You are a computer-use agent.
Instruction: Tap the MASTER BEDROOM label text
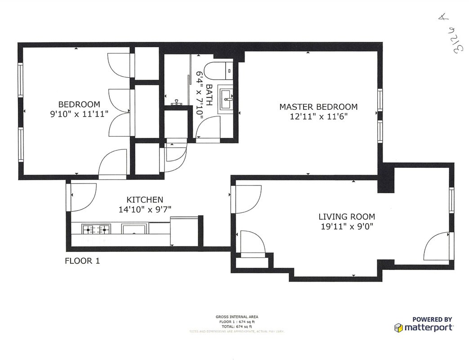coord(318,107)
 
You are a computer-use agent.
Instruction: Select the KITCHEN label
coord(144,200)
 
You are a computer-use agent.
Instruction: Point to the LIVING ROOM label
coord(347,217)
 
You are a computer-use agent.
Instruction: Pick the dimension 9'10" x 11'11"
coord(80,114)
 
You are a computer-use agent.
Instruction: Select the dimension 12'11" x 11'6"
coord(319,117)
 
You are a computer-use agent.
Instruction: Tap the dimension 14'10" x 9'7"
coord(145,209)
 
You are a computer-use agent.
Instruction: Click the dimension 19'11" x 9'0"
coord(347,226)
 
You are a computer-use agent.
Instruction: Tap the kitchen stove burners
coord(97,229)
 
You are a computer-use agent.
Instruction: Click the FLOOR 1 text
coord(82,261)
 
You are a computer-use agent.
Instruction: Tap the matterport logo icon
coord(398,327)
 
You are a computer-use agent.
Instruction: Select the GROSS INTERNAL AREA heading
coord(237,317)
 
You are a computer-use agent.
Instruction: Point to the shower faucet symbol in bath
coord(176,103)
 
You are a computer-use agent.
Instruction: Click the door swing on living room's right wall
coord(436,247)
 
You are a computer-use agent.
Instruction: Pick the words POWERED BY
coord(432,319)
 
